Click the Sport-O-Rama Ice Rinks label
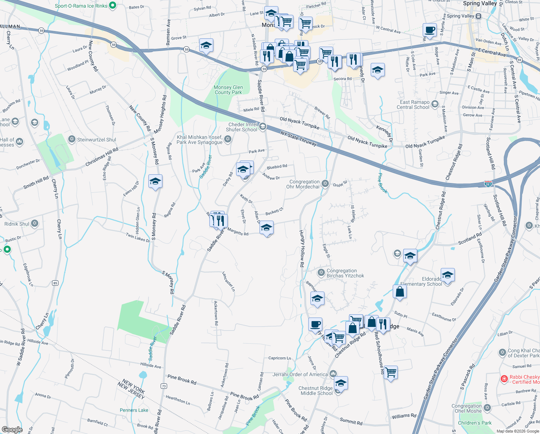pos(81,6)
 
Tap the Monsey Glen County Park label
pos(228,90)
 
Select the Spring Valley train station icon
pos(478,16)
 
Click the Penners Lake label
pos(134,410)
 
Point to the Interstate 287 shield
pos(488,184)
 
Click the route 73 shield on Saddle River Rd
pos(164,386)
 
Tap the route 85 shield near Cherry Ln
pos(55,283)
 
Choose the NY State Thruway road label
pos(299,139)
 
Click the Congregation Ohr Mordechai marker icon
pos(325,184)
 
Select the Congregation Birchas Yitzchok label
pos(345,273)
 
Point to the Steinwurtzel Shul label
pos(96,140)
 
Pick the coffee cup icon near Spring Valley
pos(430,30)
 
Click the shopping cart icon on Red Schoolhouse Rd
pos(391,372)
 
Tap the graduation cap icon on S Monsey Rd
pos(155,182)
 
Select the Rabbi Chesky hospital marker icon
pos(504,379)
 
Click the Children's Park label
pos(475,423)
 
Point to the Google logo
pos(12,429)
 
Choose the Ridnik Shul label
pos(17,224)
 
